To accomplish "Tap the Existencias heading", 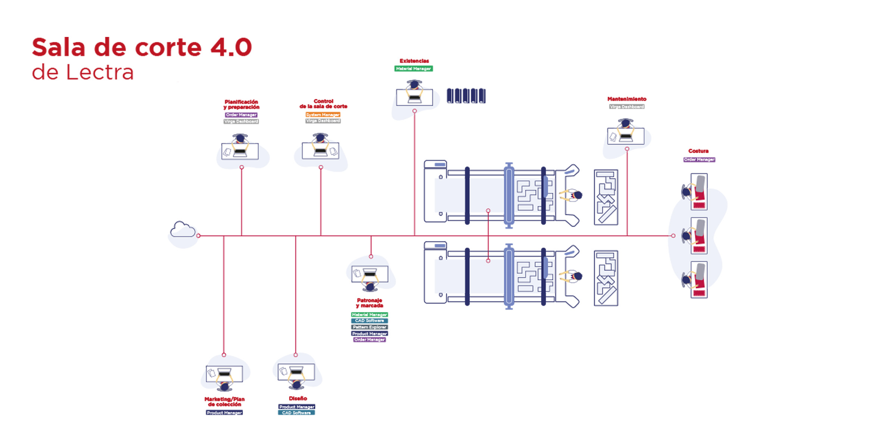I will [x=414, y=61].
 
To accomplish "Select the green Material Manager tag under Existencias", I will [x=413, y=69].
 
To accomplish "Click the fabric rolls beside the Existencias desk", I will [x=466, y=96].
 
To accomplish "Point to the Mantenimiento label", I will [x=626, y=99].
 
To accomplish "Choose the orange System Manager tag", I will [x=323, y=115].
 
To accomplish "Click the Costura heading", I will [x=698, y=151].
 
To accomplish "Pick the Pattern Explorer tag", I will [x=369, y=327].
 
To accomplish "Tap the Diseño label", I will [x=298, y=398].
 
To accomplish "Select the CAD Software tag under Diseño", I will [x=296, y=413].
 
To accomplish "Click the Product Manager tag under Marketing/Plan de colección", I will [x=224, y=413].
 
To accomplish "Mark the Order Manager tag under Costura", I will [x=699, y=159].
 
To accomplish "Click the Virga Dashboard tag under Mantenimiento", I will [x=626, y=107].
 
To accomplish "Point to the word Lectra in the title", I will [x=100, y=72].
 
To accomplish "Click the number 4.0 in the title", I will [x=231, y=48].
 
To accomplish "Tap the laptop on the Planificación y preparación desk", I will [x=240, y=152].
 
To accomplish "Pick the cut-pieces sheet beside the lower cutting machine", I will [x=606, y=278].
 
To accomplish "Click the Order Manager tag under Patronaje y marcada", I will [x=369, y=340].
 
